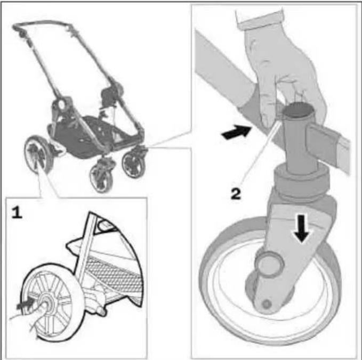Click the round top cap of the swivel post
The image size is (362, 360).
[297, 112]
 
